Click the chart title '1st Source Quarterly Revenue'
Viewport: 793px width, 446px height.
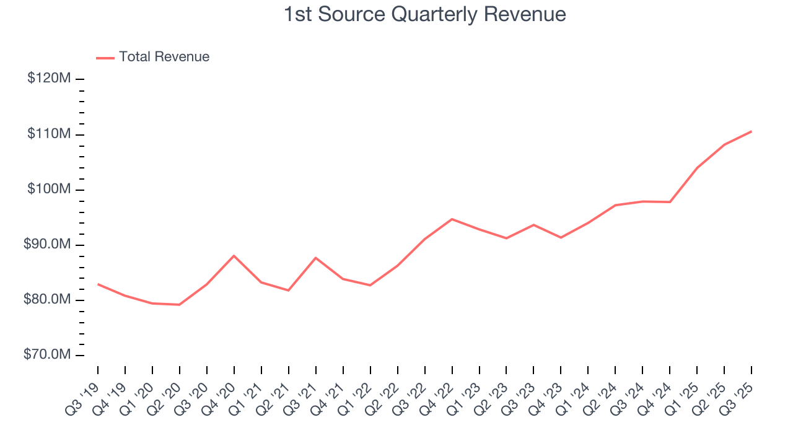pos(425,14)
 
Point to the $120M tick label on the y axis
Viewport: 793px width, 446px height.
pos(49,79)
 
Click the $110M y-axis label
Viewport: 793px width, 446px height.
pos(49,134)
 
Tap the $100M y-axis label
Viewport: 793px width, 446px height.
pos(49,190)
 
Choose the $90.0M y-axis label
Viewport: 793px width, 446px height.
pos(48,245)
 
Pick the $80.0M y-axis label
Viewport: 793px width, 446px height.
pos(48,300)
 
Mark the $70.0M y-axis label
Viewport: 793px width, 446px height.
pos(48,355)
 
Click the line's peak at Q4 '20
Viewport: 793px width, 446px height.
pos(234,255)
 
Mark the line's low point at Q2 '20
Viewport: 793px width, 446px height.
pos(180,305)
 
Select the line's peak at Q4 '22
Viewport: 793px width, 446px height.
pos(452,219)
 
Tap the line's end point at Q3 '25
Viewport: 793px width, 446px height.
pos(751,131)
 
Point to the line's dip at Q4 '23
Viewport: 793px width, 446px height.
pos(561,237)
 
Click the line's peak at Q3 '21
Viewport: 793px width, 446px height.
pos(316,258)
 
